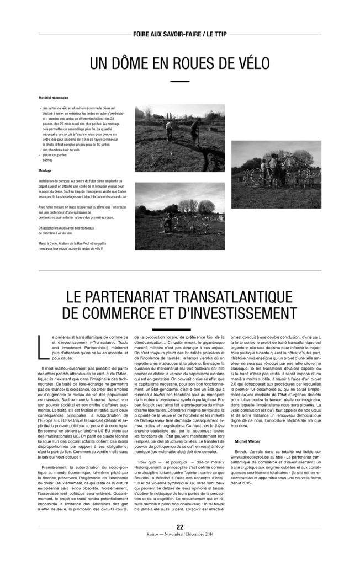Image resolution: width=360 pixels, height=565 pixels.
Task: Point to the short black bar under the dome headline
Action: pyautogui.click(x=179, y=82)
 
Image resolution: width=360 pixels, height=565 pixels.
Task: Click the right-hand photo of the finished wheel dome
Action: pyautogui.click(x=276, y=174)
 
